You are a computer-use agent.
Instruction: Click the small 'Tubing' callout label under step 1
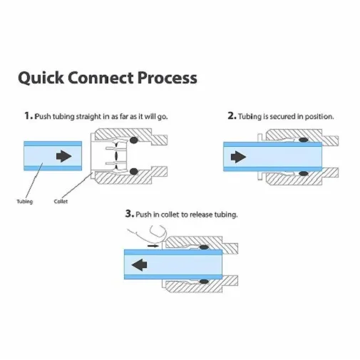click(x=24, y=202)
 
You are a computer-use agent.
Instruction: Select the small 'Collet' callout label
click(x=61, y=202)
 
